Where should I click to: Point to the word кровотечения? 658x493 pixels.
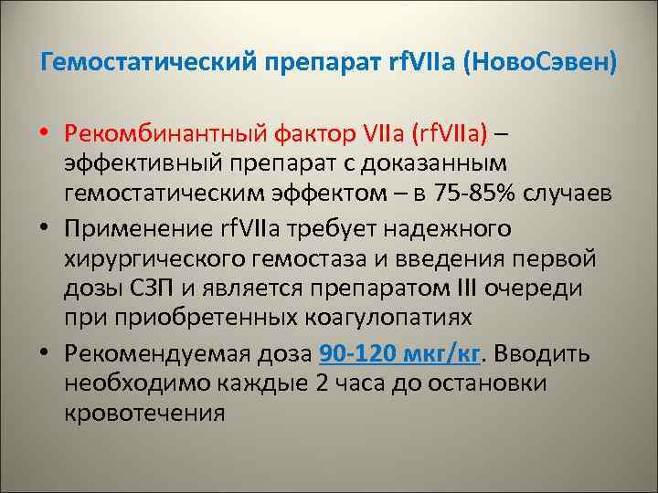pos(144,412)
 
